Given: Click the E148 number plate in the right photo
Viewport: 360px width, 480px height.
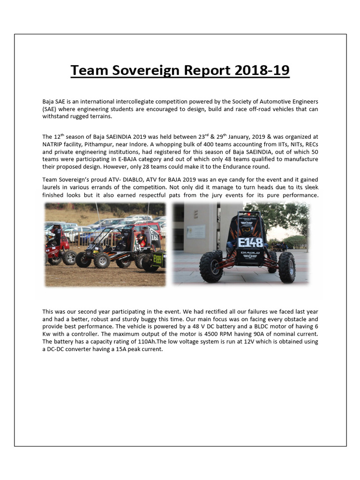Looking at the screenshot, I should (x=250, y=243).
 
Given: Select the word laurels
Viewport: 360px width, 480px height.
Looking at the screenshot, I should (x=52, y=188).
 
